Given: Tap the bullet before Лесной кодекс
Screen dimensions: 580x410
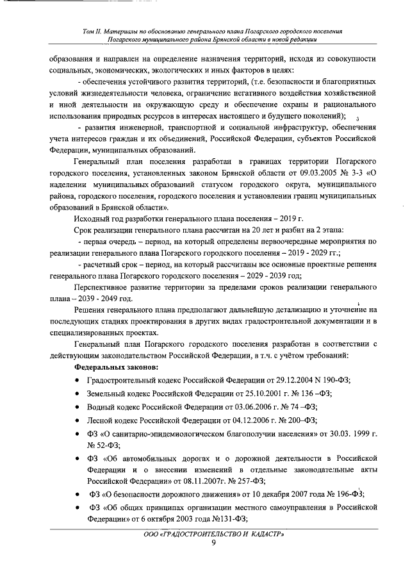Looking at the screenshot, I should (77, 421).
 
